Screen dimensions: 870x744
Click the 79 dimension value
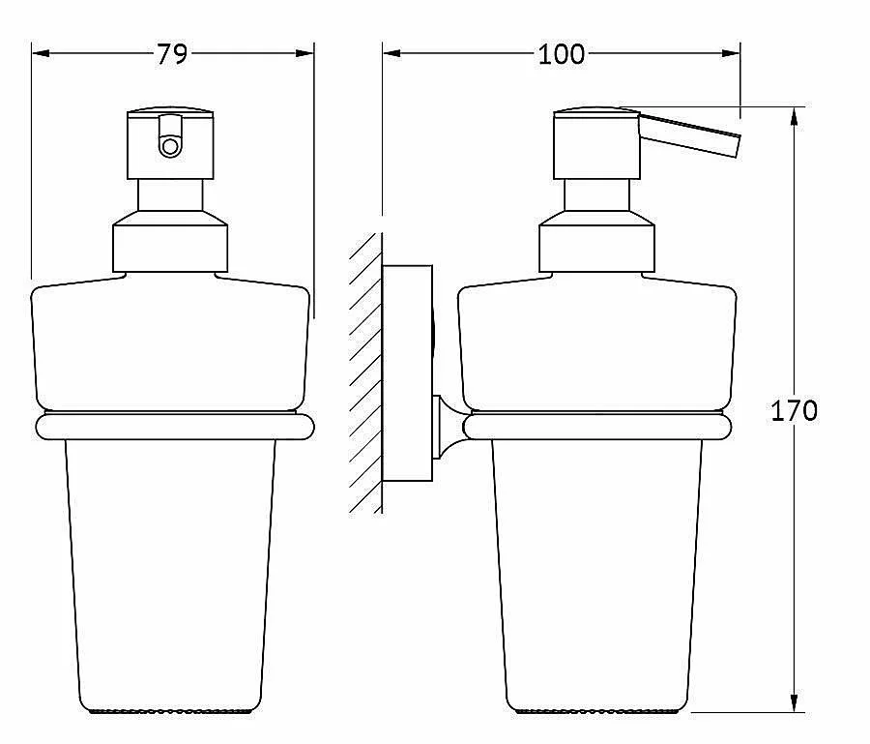171,54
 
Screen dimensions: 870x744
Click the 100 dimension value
561,54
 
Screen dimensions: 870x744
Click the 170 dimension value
794,411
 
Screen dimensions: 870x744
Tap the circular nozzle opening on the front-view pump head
170,148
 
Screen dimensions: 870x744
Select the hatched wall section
365,373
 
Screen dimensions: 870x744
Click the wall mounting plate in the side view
407,373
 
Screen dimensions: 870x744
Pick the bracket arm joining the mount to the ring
449,428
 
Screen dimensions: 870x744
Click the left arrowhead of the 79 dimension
41,54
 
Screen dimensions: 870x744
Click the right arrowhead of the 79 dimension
304,54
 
